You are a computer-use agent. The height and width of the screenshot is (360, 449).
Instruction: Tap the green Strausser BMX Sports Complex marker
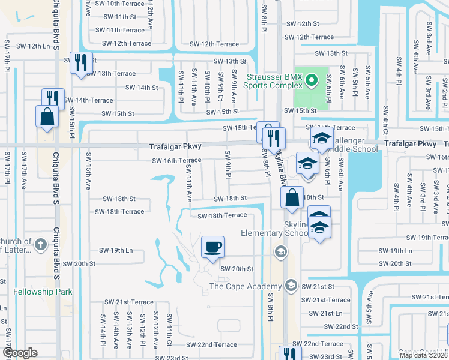(311, 79)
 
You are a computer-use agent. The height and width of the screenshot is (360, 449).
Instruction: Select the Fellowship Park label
(43, 292)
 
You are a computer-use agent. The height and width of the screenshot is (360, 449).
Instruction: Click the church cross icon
(40, 244)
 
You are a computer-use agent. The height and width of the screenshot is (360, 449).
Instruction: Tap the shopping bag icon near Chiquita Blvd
(47, 116)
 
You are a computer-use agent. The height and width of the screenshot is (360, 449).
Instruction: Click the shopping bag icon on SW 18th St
(291, 197)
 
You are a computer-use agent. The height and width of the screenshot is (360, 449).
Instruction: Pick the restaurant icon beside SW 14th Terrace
(52, 98)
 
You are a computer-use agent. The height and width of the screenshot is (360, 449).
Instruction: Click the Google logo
(20, 353)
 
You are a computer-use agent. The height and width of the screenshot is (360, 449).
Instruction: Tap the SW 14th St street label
(141, 88)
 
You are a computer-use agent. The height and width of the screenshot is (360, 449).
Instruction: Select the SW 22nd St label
(341, 326)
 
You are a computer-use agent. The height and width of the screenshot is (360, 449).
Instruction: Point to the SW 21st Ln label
(331, 313)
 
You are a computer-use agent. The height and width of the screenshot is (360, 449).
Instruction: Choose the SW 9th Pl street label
(229, 164)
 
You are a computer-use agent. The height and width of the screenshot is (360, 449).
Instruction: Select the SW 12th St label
(303, 23)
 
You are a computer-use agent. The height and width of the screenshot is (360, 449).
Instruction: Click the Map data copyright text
(424, 355)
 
